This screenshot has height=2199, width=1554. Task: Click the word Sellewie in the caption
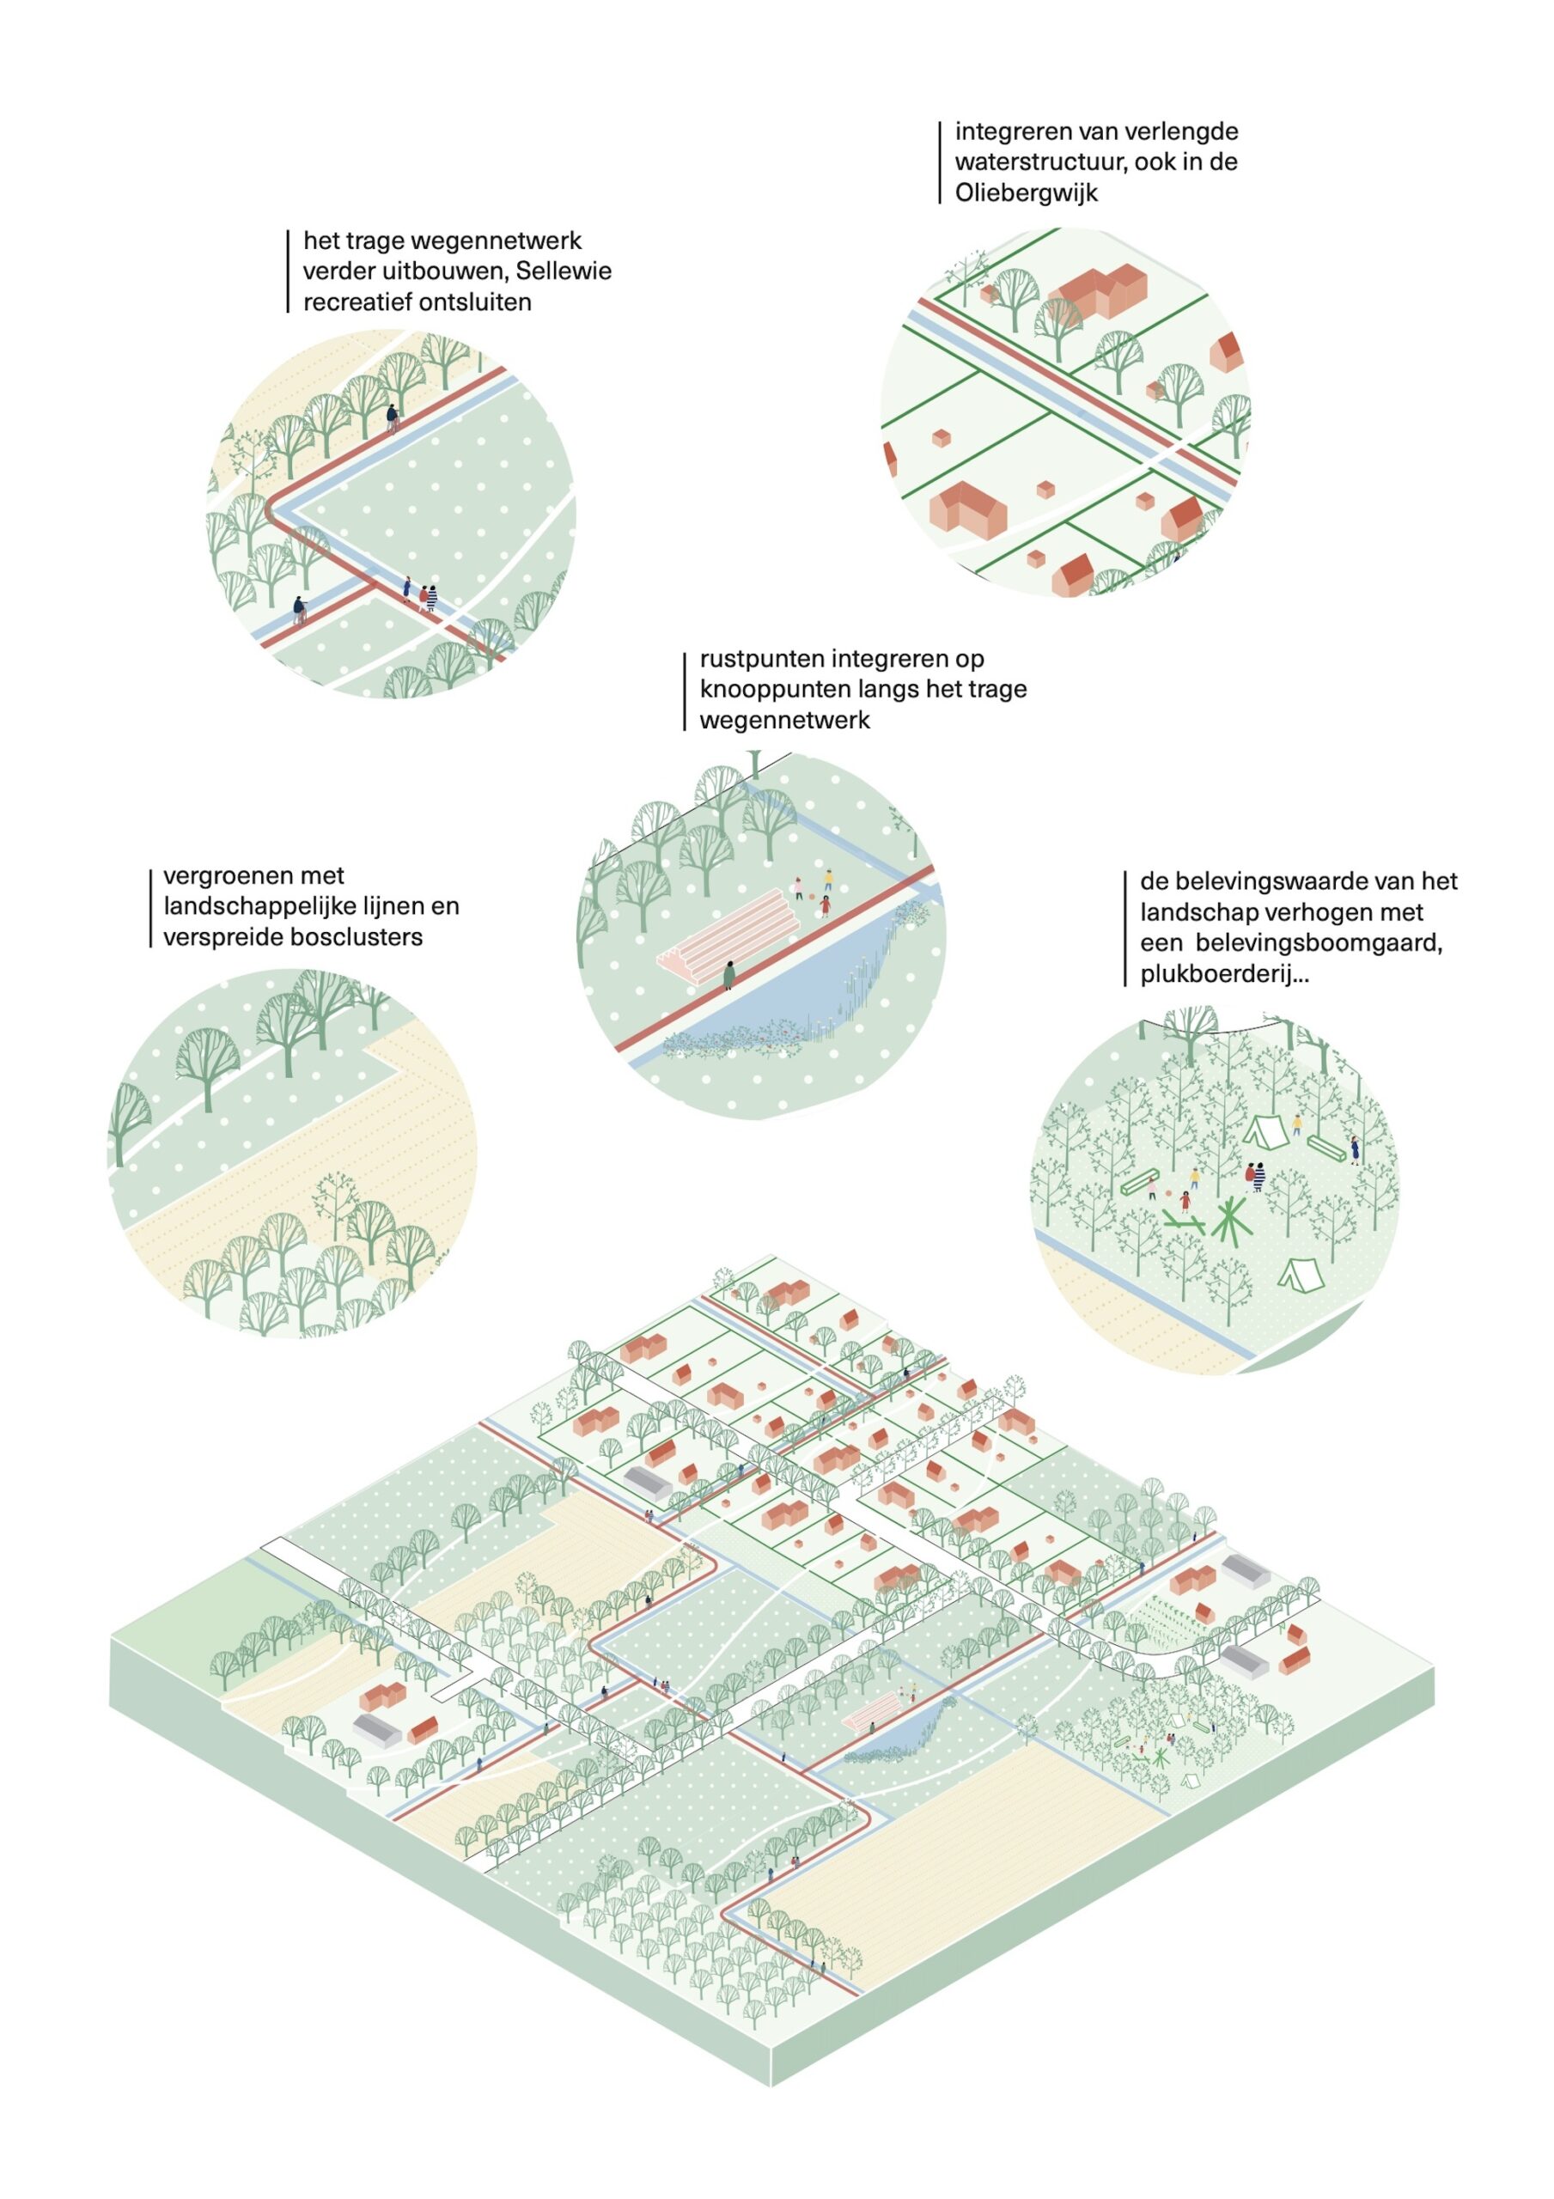(564, 271)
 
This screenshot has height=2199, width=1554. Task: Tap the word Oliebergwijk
(1026, 192)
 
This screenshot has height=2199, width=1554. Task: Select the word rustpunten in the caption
(762, 658)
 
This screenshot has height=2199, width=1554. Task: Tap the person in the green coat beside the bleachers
(729, 974)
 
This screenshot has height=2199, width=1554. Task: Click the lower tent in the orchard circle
(1295, 1272)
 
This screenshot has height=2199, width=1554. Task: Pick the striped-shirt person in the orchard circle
(1260, 1174)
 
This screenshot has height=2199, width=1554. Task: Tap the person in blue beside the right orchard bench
(1355, 1148)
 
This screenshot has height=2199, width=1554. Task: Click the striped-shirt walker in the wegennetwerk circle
(432, 598)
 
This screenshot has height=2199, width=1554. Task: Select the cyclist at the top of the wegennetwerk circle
(392, 417)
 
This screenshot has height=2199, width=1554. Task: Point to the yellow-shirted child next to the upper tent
(1297, 1123)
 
